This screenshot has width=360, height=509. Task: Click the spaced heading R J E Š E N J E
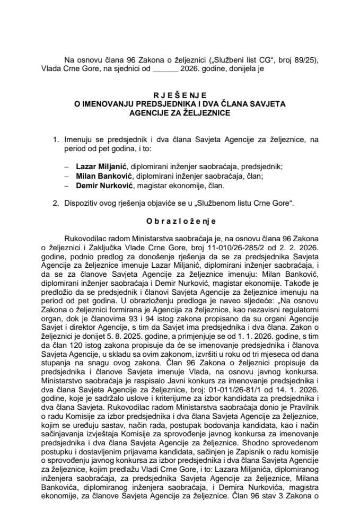pyautogui.click(x=180, y=95)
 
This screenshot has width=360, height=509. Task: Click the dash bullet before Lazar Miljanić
pyautogui.click(x=66, y=166)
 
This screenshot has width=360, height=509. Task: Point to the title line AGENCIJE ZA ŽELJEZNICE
pyautogui.click(x=180, y=113)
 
